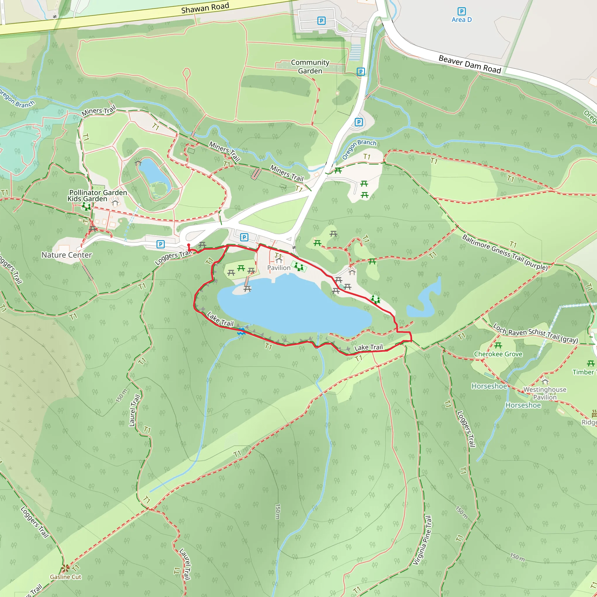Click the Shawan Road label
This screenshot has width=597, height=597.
point(205,8)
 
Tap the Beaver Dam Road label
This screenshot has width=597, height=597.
point(470,64)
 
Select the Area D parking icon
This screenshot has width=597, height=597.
point(461,11)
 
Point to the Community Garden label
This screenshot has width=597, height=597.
point(310,67)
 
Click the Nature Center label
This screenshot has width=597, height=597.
point(67,255)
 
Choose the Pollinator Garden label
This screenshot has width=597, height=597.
point(98,192)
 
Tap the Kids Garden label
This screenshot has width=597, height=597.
point(87,199)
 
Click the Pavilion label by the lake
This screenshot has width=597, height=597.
point(279,268)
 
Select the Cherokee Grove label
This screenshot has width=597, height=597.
point(498,354)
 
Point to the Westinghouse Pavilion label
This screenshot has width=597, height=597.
point(545,393)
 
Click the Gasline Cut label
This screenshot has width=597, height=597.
point(66,577)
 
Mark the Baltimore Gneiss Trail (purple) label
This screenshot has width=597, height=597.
point(505,252)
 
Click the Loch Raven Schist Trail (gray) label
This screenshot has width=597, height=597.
point(535,333)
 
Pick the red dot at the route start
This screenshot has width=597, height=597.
point(189,245)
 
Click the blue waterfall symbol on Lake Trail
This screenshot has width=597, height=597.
point(241,332)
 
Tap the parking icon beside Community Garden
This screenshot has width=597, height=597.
point(361,72)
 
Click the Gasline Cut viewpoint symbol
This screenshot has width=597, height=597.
point(65,568)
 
